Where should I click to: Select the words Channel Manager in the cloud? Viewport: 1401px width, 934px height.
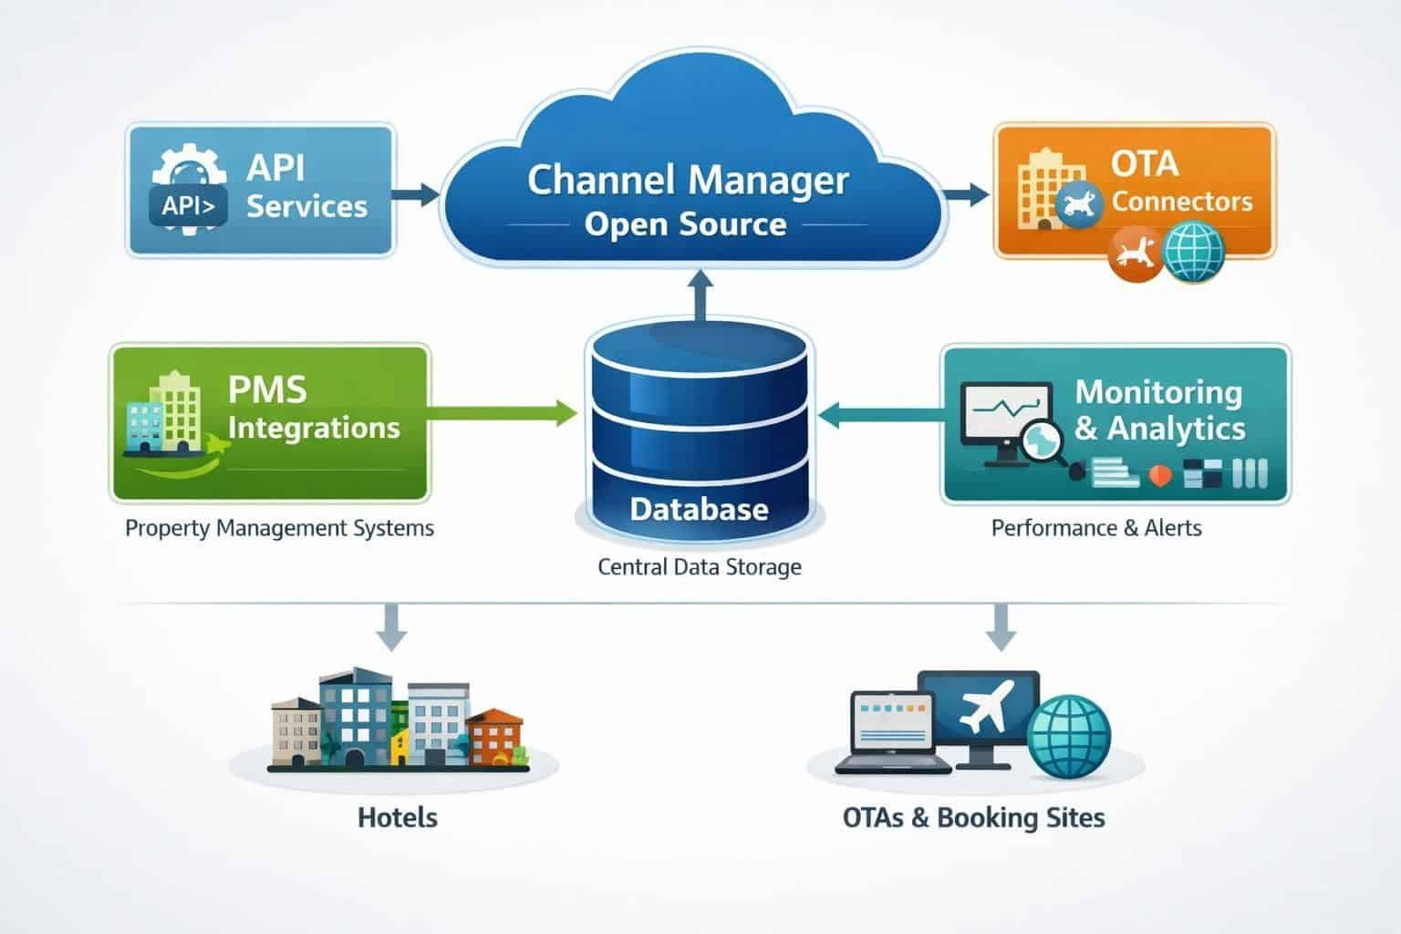tap(688, 179)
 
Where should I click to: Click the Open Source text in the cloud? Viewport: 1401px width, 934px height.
tap(685, 223)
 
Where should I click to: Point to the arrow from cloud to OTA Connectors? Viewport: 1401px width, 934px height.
tap(967, 192)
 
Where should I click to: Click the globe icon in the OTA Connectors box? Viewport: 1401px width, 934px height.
tap(1193, 251)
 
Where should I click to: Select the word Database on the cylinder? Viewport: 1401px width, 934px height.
tap(699, 508)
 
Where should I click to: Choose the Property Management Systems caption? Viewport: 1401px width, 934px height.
tap(279, 528)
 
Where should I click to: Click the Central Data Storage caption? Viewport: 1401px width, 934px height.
tap(699, 566)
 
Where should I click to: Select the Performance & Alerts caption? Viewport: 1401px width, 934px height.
tap(1095, 528)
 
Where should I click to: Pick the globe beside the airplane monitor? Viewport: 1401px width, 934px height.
tap(1069, 736)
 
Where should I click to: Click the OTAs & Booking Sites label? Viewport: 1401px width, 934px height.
tap(973, 817)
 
